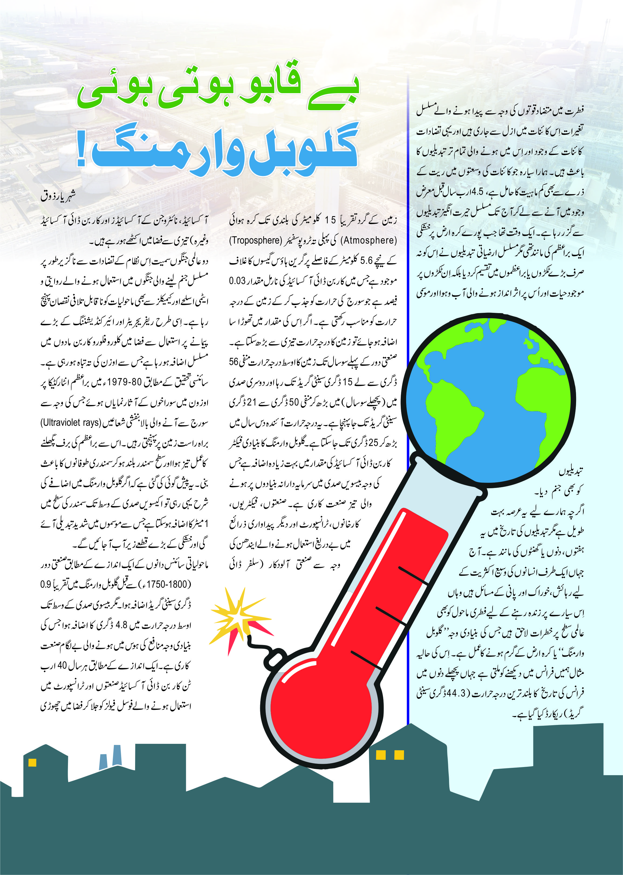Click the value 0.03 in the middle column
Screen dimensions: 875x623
(237, 281)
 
